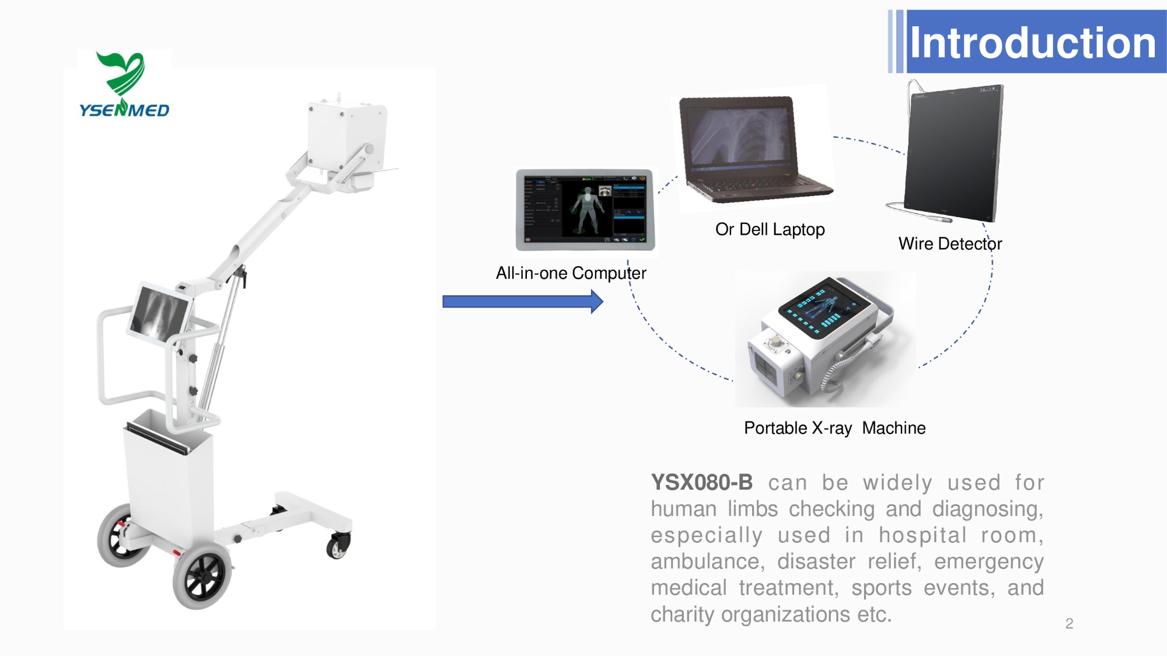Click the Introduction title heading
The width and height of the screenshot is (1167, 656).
click(1032, 43)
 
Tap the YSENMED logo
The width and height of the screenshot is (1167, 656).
click(124, 85)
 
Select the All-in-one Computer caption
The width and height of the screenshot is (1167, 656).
click(571, 273)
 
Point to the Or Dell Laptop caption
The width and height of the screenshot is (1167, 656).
click(770, 229)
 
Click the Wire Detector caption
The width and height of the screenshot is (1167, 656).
click(950, 243)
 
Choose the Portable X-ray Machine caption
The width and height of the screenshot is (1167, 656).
click(834, 428)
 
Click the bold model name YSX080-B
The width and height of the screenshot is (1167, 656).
click(701, 483)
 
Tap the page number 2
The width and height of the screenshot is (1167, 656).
click(1069, 623)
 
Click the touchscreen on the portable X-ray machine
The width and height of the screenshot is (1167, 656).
click(819, 309)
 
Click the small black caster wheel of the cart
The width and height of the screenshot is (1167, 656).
click(338, 546)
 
